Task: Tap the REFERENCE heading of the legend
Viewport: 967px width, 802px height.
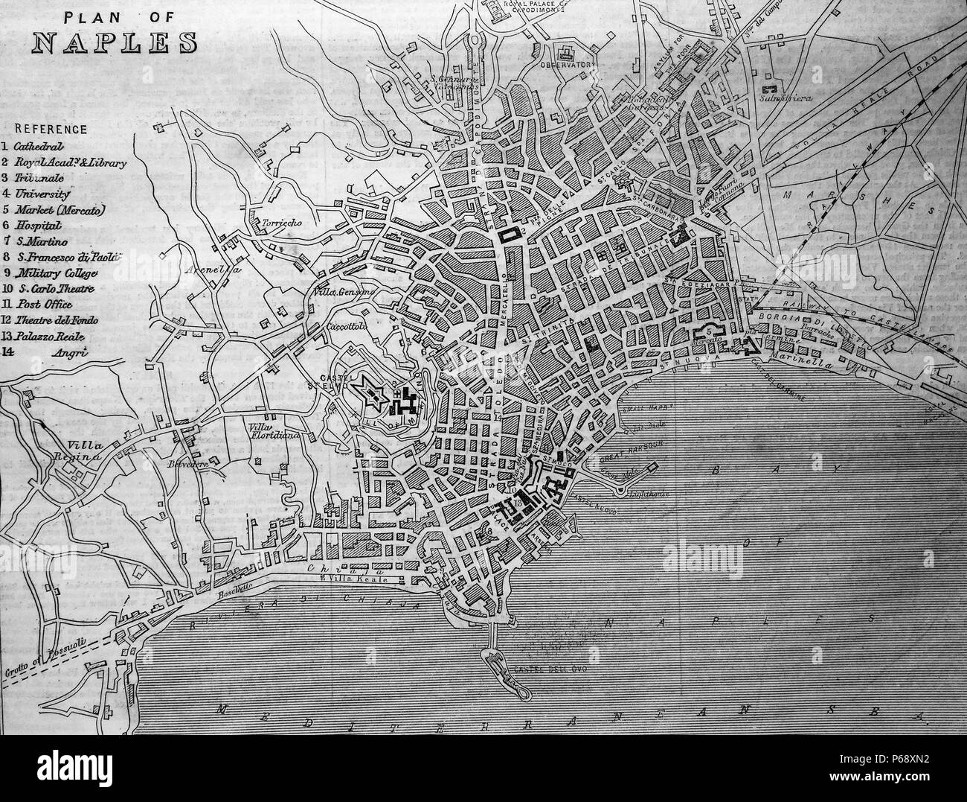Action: (x=46, y=130)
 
